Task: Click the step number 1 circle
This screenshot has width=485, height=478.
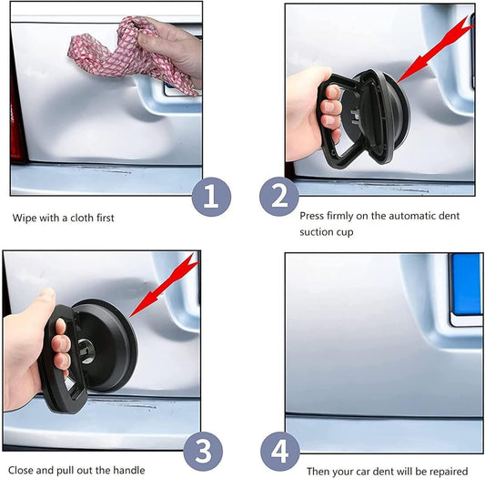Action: click(x=209, y=197)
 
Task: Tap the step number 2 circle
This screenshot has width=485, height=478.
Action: click(x=279, y=197)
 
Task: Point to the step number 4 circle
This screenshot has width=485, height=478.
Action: click(x=279, y=451)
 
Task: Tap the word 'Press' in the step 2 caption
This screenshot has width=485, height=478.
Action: click(x=313, y=216)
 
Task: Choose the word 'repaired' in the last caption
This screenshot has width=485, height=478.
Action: click(x=446, y=471)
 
